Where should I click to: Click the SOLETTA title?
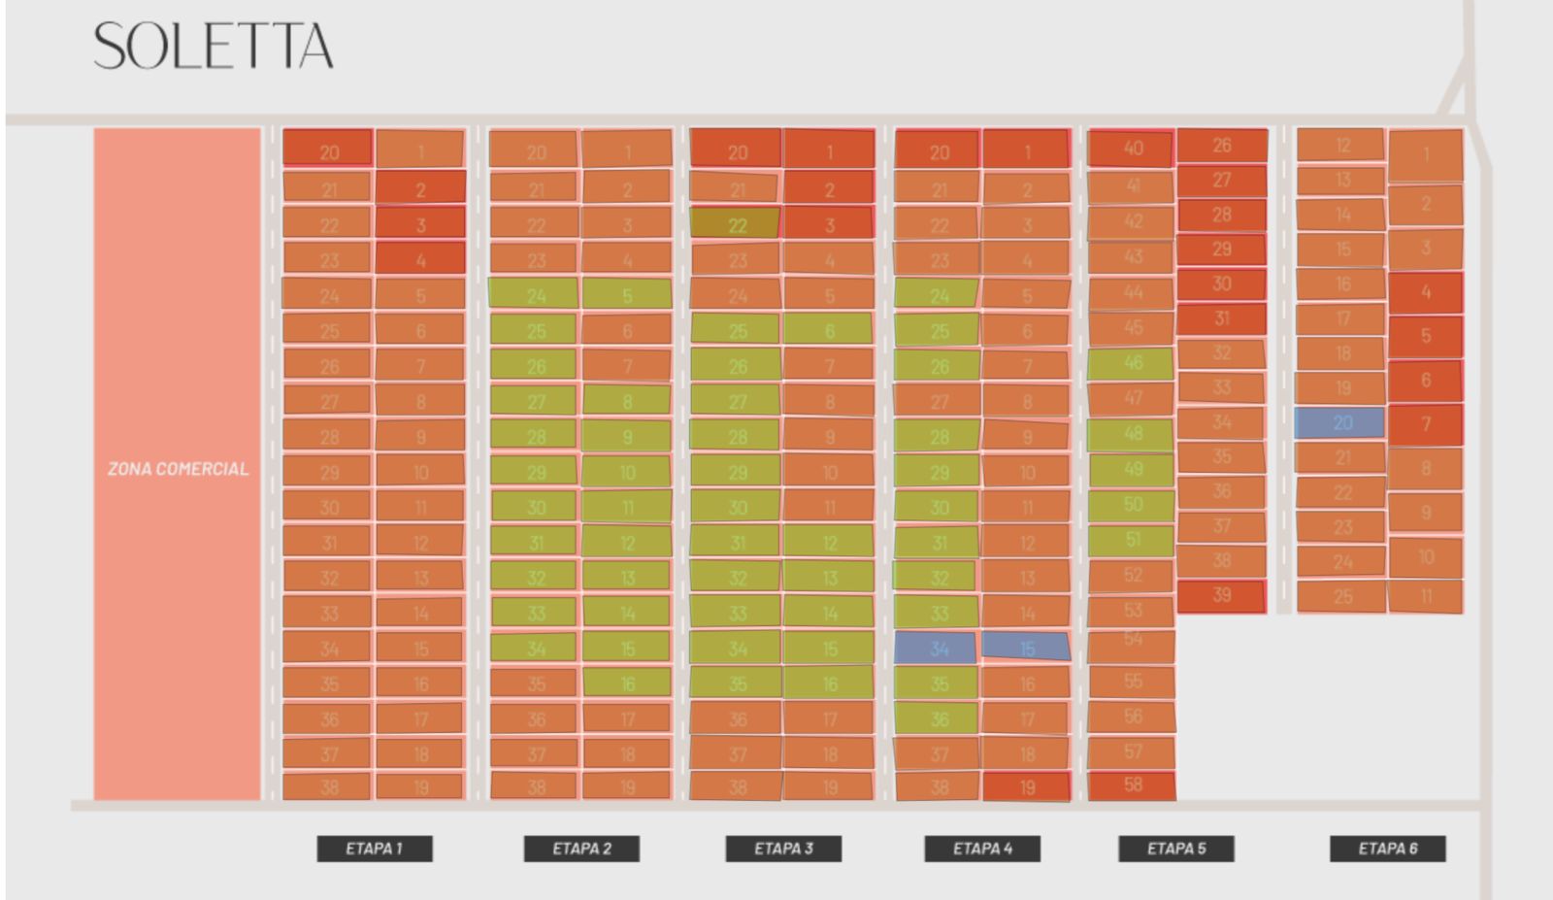point(214,47)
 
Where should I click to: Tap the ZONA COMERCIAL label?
point(178,469)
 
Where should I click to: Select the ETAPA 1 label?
point(374,849)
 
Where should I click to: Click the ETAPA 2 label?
point(581,849)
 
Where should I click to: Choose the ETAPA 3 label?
point(783,849)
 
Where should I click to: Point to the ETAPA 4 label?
point(982,849)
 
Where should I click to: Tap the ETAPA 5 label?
point(1176,849)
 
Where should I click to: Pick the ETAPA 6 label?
point(1387,849)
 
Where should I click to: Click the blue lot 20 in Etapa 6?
point(1340,422)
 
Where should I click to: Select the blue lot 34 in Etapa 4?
point(936,648)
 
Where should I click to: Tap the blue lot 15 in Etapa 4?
point(1026,647)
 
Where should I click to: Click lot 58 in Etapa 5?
point(1132,785)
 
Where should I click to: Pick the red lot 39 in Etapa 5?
point(1221,595)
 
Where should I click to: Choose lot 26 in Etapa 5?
point(1221,146)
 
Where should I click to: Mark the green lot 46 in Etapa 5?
point(1131,363)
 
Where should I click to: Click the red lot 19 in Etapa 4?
point(1026,786)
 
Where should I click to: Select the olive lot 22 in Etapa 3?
point(736,224)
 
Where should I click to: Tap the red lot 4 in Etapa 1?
point(420,259)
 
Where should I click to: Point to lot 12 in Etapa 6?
point(1341,146)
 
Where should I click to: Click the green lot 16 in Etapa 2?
point(627,683)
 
